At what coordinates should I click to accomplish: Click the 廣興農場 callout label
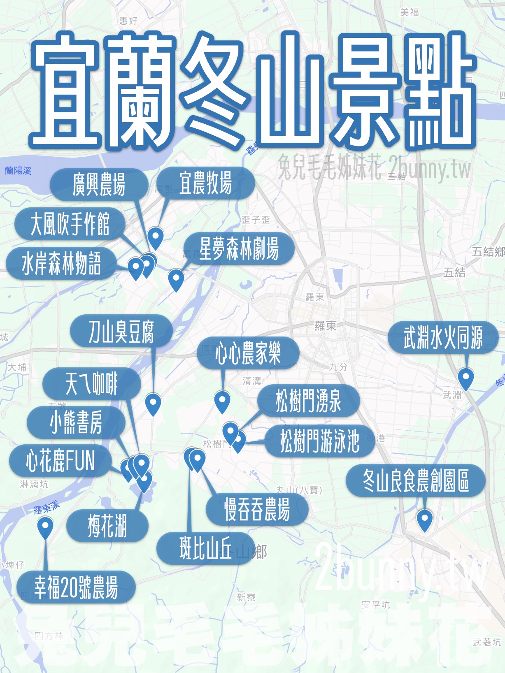[x=99, y=184]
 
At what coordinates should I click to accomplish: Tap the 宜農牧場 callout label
[x=205, y=183]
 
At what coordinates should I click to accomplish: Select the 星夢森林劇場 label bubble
[x=239, y=248]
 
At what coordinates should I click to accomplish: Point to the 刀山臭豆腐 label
[x=121, y=331]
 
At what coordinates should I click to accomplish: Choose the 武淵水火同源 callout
[x=443, y=337]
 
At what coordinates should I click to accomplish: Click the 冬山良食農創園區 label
[x=416, y=480]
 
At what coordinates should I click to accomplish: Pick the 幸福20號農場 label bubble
[x=76, y=587]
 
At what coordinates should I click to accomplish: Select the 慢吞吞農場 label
[x=257, y=509]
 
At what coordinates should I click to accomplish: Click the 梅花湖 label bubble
[x=107, y=526]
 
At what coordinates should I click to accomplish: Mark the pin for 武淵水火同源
[x=466, y=378]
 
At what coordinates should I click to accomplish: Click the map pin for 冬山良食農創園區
[x=424, y=519]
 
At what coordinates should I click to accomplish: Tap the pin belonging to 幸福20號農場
[x=45, y=527]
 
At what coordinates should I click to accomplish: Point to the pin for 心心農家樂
[x=222, y=401]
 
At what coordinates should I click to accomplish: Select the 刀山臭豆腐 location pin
[x=153, y=403]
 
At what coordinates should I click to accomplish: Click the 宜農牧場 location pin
[x=156, y=237]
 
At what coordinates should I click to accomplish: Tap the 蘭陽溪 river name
[x=18, y=171]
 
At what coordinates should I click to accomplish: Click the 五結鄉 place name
[x=488, y=251]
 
